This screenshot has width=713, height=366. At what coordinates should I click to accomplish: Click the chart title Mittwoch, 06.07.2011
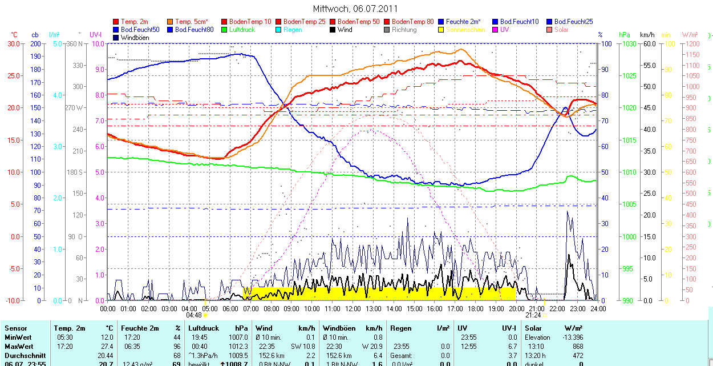tap(355, 9)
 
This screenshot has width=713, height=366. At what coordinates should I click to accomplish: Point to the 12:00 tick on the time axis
tap(353, 308)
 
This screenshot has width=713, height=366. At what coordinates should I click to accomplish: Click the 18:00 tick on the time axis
tap(475, 308)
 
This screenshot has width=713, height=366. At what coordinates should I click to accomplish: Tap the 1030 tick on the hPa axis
tap(629, 43)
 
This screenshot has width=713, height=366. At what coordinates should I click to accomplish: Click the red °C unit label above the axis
tap(14, 35)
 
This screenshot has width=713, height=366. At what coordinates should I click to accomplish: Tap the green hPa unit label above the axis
tap(625, 35)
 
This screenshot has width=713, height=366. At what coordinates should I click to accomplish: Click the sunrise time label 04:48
tap(194, 315)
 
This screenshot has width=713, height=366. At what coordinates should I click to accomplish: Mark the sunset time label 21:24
tap(533, 315)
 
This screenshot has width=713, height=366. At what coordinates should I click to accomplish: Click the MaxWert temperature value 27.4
tap(107, 347)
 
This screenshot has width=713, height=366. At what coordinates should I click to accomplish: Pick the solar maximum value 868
tap(577, 347)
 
